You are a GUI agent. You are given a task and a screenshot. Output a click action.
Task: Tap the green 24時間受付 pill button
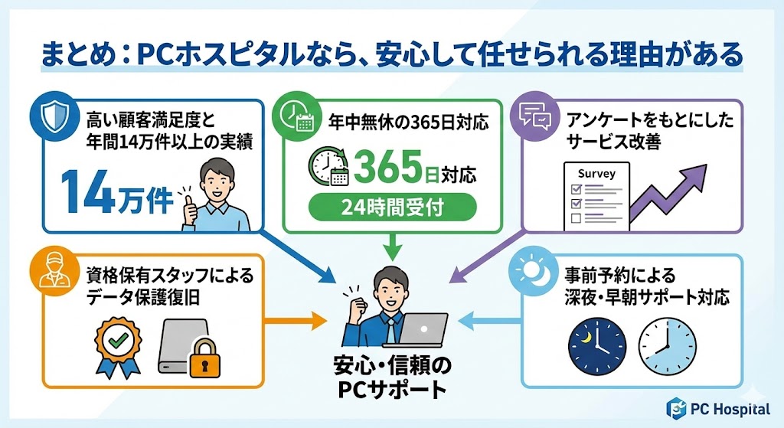point(392,207)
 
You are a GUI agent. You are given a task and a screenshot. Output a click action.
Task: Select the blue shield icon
point(48,116)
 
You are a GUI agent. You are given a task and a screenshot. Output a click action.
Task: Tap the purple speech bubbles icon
point(535,116)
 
